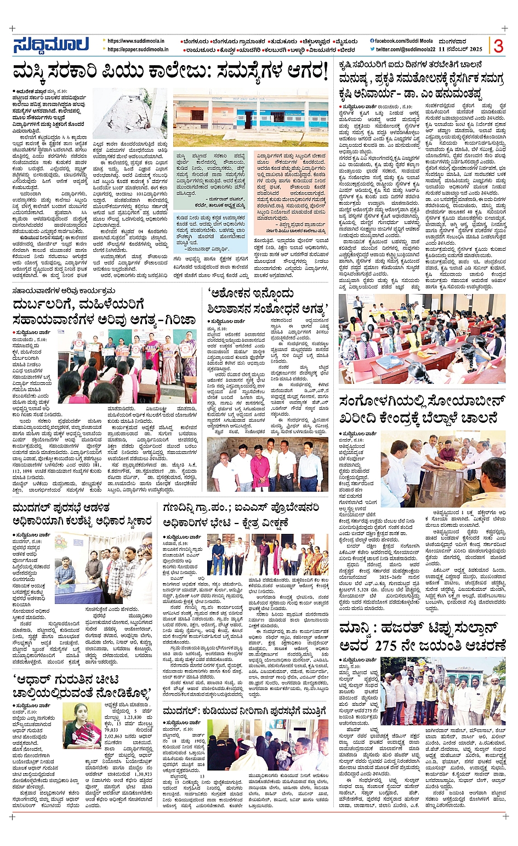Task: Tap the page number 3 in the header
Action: point(498,46)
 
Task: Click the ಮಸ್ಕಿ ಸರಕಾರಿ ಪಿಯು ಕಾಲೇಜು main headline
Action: point(170,72)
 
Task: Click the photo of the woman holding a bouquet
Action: point(82,726)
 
